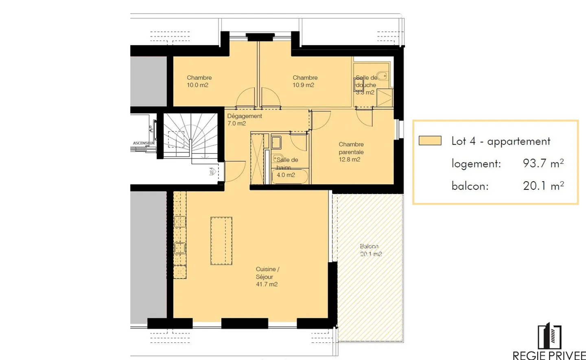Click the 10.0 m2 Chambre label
[199, 81]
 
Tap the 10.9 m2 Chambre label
[305, 81]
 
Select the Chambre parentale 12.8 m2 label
[351, 152]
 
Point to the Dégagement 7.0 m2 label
[244, 120]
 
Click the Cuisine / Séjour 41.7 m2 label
[267, 277]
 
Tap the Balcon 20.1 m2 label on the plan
[370, 250]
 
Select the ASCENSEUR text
[144, 143]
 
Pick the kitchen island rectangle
[221, 241]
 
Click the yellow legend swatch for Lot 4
[430, 141]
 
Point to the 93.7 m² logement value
[543, 163]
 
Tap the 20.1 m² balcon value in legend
[543, 186]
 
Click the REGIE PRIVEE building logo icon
[549, 336]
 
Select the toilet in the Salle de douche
[382, 76]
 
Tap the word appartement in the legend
[518, 141]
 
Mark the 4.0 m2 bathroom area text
[286, 175]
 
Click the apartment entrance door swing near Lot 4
[234, 171]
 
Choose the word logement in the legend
[476, 164]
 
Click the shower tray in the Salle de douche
[384, 98]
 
